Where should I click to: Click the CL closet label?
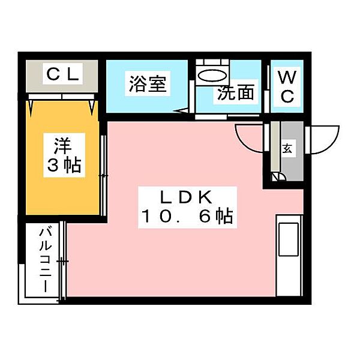point(63,74)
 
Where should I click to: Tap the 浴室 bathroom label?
point(148,83)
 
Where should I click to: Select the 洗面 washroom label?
point(236,92)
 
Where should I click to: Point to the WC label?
point(287,86)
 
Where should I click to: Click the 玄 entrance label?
point(287,149)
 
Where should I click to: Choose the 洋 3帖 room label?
point(64,155)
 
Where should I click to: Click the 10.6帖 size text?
point(187,216)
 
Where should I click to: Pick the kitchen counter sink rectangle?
point(289,239)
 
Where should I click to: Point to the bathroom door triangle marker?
point(181,111)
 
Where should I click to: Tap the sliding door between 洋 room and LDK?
point(104,176)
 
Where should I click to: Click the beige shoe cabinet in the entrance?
point(275,146)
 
